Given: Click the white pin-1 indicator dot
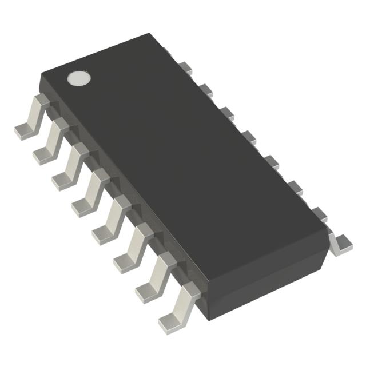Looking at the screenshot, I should click(x=79, y=78).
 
